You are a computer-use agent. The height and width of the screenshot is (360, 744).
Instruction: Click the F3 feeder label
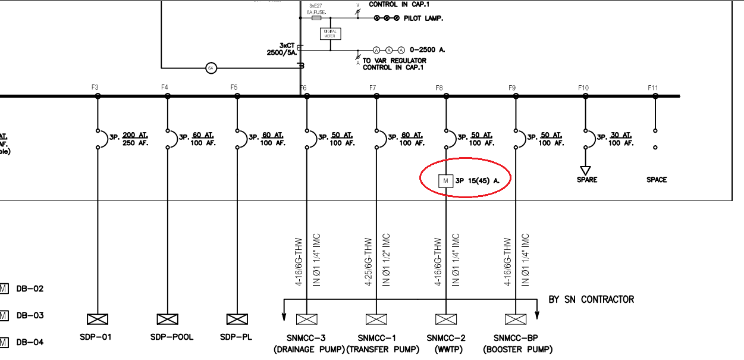point(95,87)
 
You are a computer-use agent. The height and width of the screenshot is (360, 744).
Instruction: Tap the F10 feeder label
point(583,87)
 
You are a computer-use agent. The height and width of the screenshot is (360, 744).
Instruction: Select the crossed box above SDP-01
point(97,319)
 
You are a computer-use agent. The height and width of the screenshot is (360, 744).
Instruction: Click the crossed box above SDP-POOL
point(167,319)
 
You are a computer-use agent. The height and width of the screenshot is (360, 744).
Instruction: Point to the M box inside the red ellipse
point(445,180)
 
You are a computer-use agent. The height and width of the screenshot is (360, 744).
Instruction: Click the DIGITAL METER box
point(330,33)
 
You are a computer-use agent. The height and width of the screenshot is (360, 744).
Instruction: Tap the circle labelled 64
point(211,68)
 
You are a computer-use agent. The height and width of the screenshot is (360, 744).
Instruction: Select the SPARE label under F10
point(586,180)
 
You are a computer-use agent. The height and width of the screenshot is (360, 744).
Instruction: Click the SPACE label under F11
point(657,180)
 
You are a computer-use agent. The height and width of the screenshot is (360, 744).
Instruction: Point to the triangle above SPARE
point(586,170)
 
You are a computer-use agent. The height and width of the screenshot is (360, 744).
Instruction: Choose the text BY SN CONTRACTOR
point(591,299)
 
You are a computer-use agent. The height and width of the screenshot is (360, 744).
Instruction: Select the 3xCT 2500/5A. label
point(281,49)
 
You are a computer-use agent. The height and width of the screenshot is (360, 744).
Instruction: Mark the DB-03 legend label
point(30,315)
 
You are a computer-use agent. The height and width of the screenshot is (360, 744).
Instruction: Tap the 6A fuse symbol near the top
point(316,18)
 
